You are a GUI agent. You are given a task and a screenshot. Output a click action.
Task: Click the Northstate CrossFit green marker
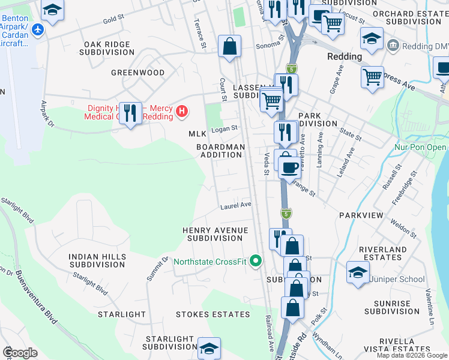click(x=256, y=261)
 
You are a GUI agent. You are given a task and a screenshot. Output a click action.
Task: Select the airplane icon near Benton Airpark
click(x=38, y=29)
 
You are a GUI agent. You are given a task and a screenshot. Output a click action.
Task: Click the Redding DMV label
click(x=425, y=46)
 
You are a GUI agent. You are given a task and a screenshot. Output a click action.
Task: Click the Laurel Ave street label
click(x=235, y=205)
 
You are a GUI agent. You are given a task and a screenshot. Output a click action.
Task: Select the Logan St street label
click(x=224, y=128)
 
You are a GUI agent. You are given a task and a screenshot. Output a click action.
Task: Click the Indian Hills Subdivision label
click(x=97, y=260)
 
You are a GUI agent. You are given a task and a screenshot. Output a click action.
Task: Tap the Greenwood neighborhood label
click(x=137, y=73)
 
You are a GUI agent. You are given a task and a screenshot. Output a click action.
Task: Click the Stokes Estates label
click(x=212, y=314)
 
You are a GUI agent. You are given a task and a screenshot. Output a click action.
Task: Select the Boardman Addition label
click(x=221, y=151)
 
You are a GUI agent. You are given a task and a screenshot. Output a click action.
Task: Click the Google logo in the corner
click(x=20, y=353)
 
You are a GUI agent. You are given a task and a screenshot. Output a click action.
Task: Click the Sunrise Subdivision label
click(x=391, y=307)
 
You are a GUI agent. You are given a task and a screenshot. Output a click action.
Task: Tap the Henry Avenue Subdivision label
click(x=215, y=234)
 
